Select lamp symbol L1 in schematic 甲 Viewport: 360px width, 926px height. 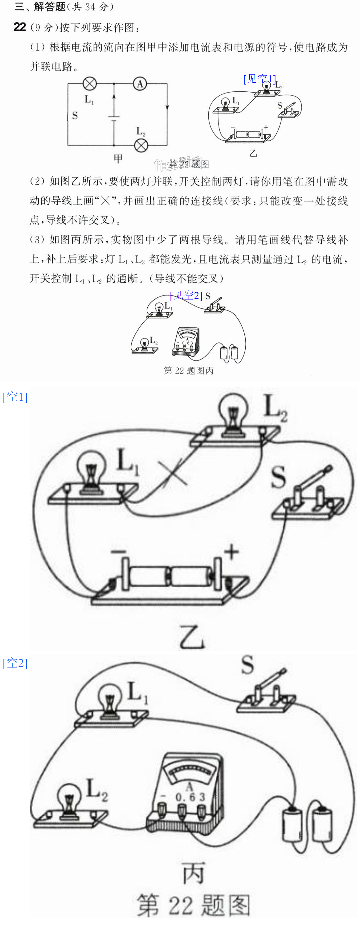pos(89,84)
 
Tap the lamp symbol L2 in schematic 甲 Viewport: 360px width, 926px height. pos(141,146)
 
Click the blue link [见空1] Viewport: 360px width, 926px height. pos(260,79)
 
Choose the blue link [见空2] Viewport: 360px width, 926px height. pos(186,296)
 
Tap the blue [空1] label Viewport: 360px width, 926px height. pos(15,397)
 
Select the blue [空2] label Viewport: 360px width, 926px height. pos(15,663)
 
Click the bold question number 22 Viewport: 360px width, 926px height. pos(20,27)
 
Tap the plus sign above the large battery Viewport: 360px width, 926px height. pos(231,552)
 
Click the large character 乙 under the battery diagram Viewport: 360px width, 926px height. pos(192,637)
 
